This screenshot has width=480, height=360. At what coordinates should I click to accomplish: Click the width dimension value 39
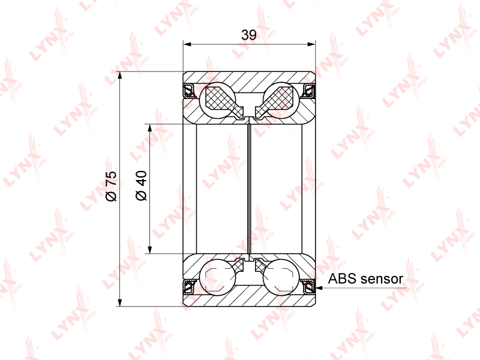coord(248,35)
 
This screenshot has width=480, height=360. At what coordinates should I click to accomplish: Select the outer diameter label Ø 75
coord(112,186)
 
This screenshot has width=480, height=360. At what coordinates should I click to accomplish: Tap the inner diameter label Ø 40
coord(141,185)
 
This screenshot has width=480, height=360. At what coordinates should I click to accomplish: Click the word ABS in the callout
coord(342,278)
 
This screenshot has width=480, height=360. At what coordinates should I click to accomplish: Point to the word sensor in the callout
coord(382,279)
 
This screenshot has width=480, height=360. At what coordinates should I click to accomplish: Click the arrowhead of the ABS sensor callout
coord(319,288)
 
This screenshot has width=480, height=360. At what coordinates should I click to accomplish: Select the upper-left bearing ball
coord(217,100)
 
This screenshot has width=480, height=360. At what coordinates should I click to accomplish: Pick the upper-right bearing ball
coord(281,100)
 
